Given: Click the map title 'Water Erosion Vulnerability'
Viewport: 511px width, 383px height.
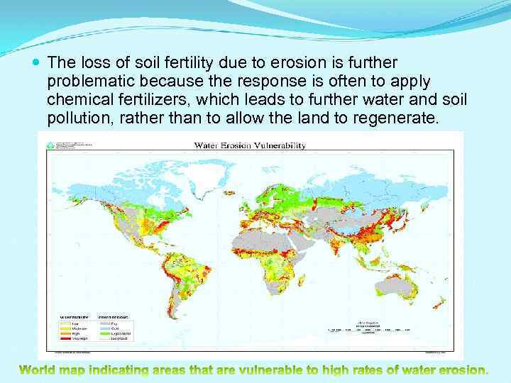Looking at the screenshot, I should [x=250, y=145].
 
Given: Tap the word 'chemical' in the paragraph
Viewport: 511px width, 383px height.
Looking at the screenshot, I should [x=76, y=96].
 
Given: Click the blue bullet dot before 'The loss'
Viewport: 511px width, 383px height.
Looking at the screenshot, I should [x=37, y=63].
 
